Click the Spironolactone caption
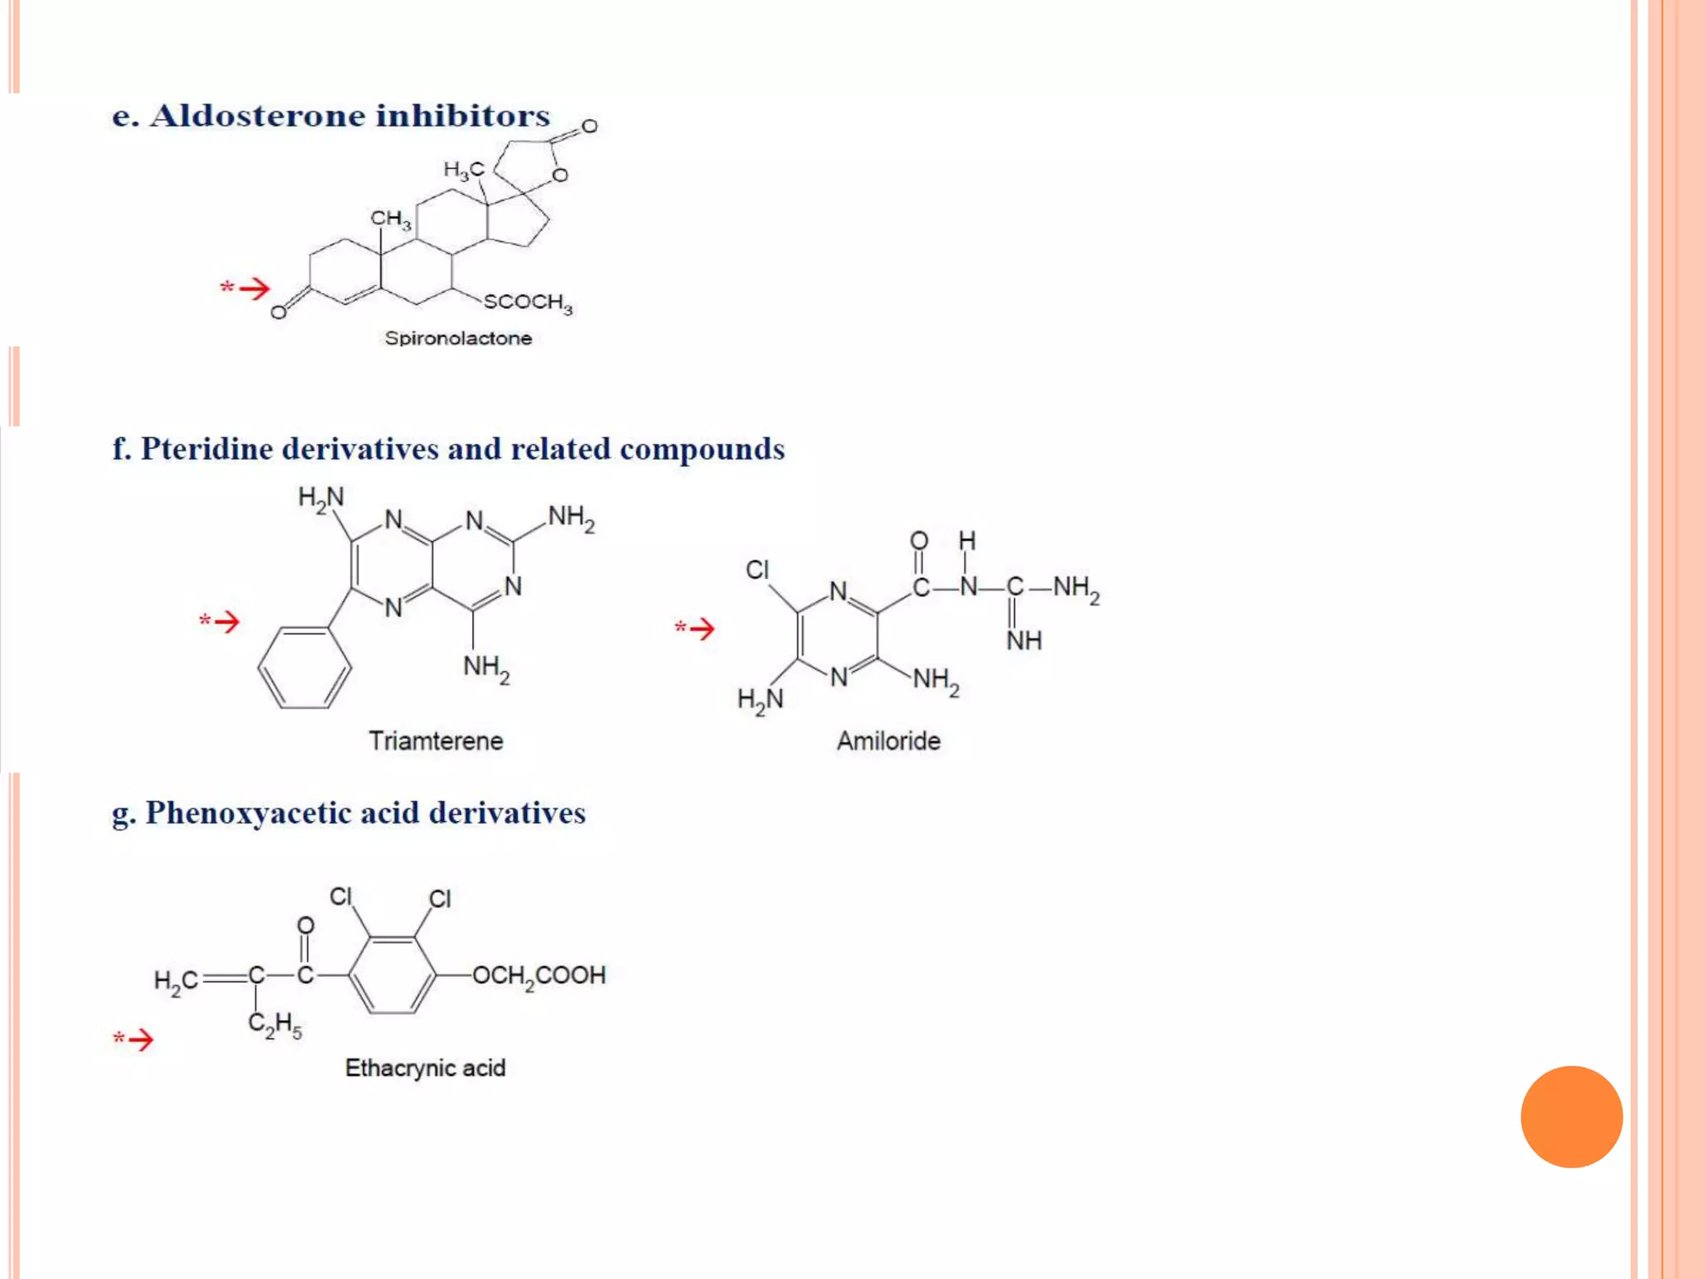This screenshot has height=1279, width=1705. click(458, 338)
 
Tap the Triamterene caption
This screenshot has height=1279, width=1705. click(435, 741)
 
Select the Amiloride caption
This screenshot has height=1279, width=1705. click(888, 741)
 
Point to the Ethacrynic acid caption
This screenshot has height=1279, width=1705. click(425, 1068)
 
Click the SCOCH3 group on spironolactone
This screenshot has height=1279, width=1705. click(528, 302)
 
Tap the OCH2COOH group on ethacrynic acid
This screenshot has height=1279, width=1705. click(539, 976)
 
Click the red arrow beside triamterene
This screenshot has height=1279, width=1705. click(225, 621)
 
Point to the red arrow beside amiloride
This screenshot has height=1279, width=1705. click(700, 629)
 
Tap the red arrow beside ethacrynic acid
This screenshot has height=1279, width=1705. click(139, 1039)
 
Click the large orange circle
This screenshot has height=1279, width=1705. click(1571, 1117)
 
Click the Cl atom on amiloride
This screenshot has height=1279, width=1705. click(757, 570)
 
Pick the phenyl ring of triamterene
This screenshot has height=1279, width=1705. click(305, 667)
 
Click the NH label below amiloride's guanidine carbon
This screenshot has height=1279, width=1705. click(1024, 640)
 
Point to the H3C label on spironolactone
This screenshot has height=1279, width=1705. click(463, 171)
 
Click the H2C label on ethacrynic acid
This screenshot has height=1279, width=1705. click(176, 981)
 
